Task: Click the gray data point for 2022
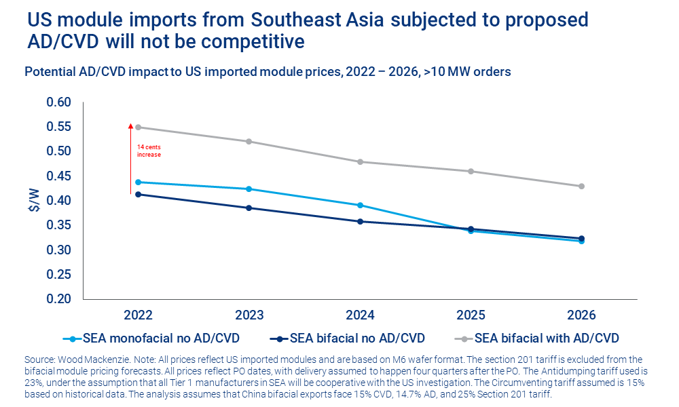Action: (138, 127)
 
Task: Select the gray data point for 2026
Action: (581, 186)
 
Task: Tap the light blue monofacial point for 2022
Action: (138, 182)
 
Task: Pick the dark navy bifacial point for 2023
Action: (249, 208)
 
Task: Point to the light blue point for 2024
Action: (360, 205)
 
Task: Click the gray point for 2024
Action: (360, 161)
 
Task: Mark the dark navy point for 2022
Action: (138, 194)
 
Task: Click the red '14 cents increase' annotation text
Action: (149, 151)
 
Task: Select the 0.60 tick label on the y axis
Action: (58, 102)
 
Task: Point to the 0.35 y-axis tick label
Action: (58, 225)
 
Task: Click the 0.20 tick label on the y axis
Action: (58, 299)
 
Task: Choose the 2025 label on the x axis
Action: (471, 315)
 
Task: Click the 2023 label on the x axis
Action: (249, 315)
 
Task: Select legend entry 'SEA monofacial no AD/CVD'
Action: (160, 337)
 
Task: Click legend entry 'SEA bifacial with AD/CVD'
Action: (546, 337)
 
